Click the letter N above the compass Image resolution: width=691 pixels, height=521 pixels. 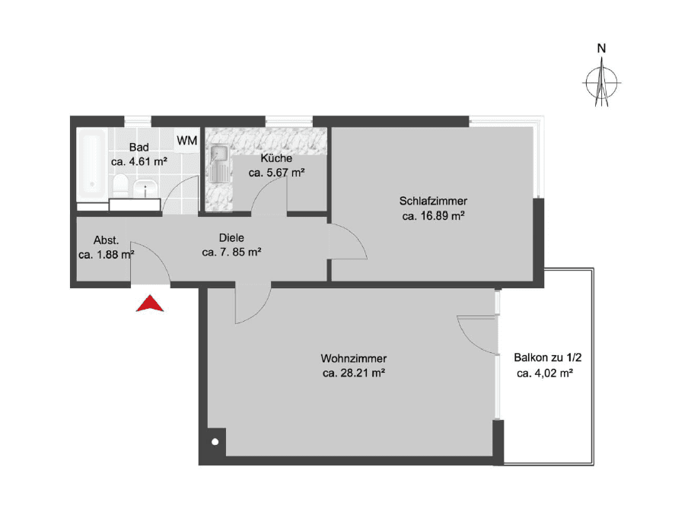(x=601, y=49)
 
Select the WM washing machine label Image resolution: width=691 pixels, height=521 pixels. (x=186, y=141)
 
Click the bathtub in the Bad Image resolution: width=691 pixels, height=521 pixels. (x=93, y=163)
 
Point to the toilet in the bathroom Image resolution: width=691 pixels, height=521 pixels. (x=120, y=186)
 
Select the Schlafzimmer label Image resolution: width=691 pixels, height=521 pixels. (x=433, y=202)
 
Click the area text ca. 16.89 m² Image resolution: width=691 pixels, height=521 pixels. (x=433, y=216)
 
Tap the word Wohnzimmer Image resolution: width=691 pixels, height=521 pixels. (x=354, y=359)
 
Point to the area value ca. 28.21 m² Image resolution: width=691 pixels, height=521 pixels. (x=354, y=373)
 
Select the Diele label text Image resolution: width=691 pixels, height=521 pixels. (x=231, y=237)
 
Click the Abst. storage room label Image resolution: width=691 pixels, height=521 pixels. (x=107, y=240)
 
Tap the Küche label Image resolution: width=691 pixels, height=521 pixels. (x=276, y=158)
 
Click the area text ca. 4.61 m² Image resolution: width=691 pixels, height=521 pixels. (x=139, y=161)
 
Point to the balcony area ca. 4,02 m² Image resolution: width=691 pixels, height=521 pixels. (x=544, y=373)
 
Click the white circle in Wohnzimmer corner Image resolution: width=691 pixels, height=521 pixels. (x=215, y=442)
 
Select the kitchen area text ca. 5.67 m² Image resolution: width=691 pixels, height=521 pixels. (x=276, y=173)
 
